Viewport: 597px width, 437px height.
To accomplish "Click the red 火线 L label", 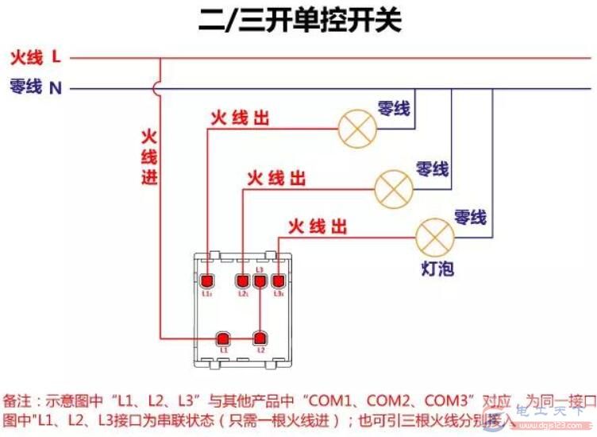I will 35,57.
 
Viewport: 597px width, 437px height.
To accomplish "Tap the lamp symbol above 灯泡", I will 435,235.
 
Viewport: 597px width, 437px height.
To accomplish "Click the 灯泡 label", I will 437,268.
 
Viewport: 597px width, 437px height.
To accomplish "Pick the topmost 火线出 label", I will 240,118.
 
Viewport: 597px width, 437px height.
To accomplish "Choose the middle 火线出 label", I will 275,177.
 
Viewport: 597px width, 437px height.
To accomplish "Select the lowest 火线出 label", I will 318,226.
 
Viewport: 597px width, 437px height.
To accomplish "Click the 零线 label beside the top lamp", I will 394,108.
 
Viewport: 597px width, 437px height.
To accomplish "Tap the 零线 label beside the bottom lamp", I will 470,216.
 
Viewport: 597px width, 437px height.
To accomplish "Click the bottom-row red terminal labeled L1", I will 223,338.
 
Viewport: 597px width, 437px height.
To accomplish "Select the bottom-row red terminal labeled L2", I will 259,338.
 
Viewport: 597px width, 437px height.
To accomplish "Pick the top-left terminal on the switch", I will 207,280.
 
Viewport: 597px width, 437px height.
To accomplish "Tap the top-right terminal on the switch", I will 278,280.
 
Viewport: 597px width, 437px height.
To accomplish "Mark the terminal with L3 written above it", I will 260,280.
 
